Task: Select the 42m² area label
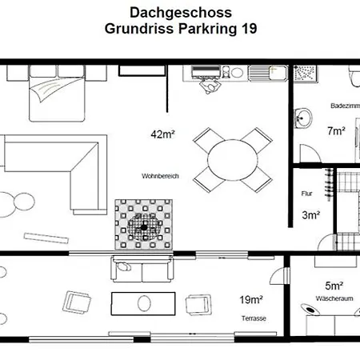coord(162,134)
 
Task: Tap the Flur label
coord(306,194)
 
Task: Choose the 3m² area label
coord(311,214)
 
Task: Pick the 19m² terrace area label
coord(251,300)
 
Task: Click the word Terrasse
coord(253,318)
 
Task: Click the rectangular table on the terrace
coord(143,303)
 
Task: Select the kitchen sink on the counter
coord(261,74)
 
